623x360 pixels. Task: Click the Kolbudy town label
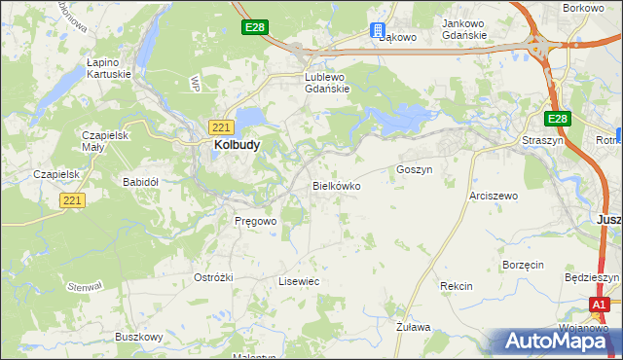coord(235,145)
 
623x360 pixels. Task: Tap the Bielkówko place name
coord(336,185)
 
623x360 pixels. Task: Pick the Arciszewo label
coord(494,196)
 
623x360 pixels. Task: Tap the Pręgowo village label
coord(256,221)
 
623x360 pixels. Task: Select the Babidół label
coord(140,182)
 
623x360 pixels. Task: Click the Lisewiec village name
coord(299,281)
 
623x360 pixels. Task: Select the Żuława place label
coord(413,329)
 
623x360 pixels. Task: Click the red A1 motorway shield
coord(601,306)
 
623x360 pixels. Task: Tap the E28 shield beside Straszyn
coord(556,119)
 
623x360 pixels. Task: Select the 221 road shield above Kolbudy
coord(220,126)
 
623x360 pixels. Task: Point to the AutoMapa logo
coord(559,342)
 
